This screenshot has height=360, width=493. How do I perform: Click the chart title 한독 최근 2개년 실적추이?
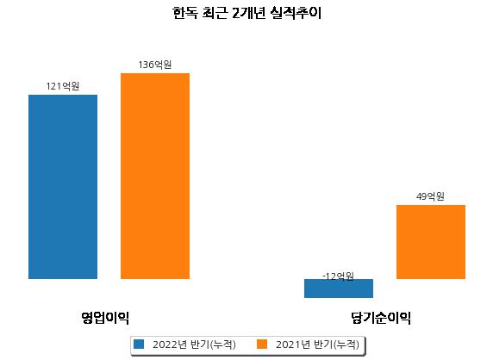[246, 13]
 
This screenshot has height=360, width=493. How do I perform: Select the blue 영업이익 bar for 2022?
[63, 187]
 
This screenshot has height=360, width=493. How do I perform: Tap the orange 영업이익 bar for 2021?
[155, 176]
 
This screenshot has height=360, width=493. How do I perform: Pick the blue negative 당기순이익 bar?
[339, 289]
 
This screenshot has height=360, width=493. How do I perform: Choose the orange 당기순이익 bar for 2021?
[431, 242]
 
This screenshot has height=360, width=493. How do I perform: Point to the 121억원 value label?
[63, 86]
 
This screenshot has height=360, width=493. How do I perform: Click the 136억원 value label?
[155, 65]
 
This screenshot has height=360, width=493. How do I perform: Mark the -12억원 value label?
[339, 276]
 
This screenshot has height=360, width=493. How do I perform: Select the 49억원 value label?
[430, 196]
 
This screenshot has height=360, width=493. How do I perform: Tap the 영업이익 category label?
[105, 318]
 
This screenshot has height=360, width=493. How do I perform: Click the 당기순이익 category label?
[381, 318]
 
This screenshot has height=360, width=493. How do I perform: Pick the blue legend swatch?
[139, 344]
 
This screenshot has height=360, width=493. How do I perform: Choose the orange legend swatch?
[262, 344]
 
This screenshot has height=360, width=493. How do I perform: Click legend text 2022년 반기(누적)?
[194, 344]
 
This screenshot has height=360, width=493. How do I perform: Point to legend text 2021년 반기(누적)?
[317, 344]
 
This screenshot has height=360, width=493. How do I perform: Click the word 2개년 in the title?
[248, 13]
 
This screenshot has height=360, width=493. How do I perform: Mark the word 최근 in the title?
[215, 13]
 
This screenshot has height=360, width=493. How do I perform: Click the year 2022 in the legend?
[165, 344]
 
